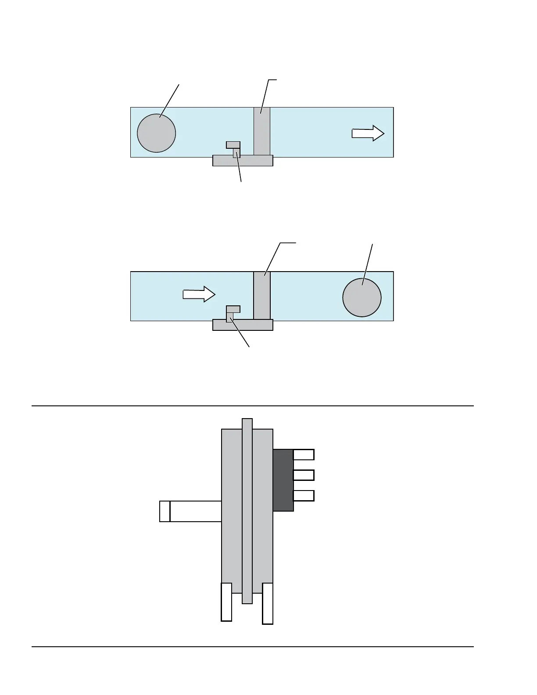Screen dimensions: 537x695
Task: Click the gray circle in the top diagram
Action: click(x=156, y=133)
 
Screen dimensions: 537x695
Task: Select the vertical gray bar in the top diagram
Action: click(x=262, y=131)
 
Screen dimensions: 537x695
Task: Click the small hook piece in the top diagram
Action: click(x=233, y=145)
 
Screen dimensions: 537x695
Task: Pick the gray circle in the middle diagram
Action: click(x=362, y=297)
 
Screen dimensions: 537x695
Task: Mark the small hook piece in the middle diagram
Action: click(x=233, y=310)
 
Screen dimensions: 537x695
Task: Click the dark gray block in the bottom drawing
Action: click(x=283, y=480)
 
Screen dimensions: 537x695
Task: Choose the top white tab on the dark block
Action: click(x=304, y=455)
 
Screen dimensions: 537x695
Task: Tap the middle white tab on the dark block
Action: click(x=304, y=475)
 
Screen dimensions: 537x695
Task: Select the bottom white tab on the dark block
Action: click(x=304, y=496)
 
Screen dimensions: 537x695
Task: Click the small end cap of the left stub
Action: click(x=165, y=511)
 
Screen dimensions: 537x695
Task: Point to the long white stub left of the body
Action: click(x=196, y=511)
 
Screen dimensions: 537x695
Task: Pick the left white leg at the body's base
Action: click(x=226, y=602)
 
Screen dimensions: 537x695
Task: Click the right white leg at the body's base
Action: click(x=268, y=603)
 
